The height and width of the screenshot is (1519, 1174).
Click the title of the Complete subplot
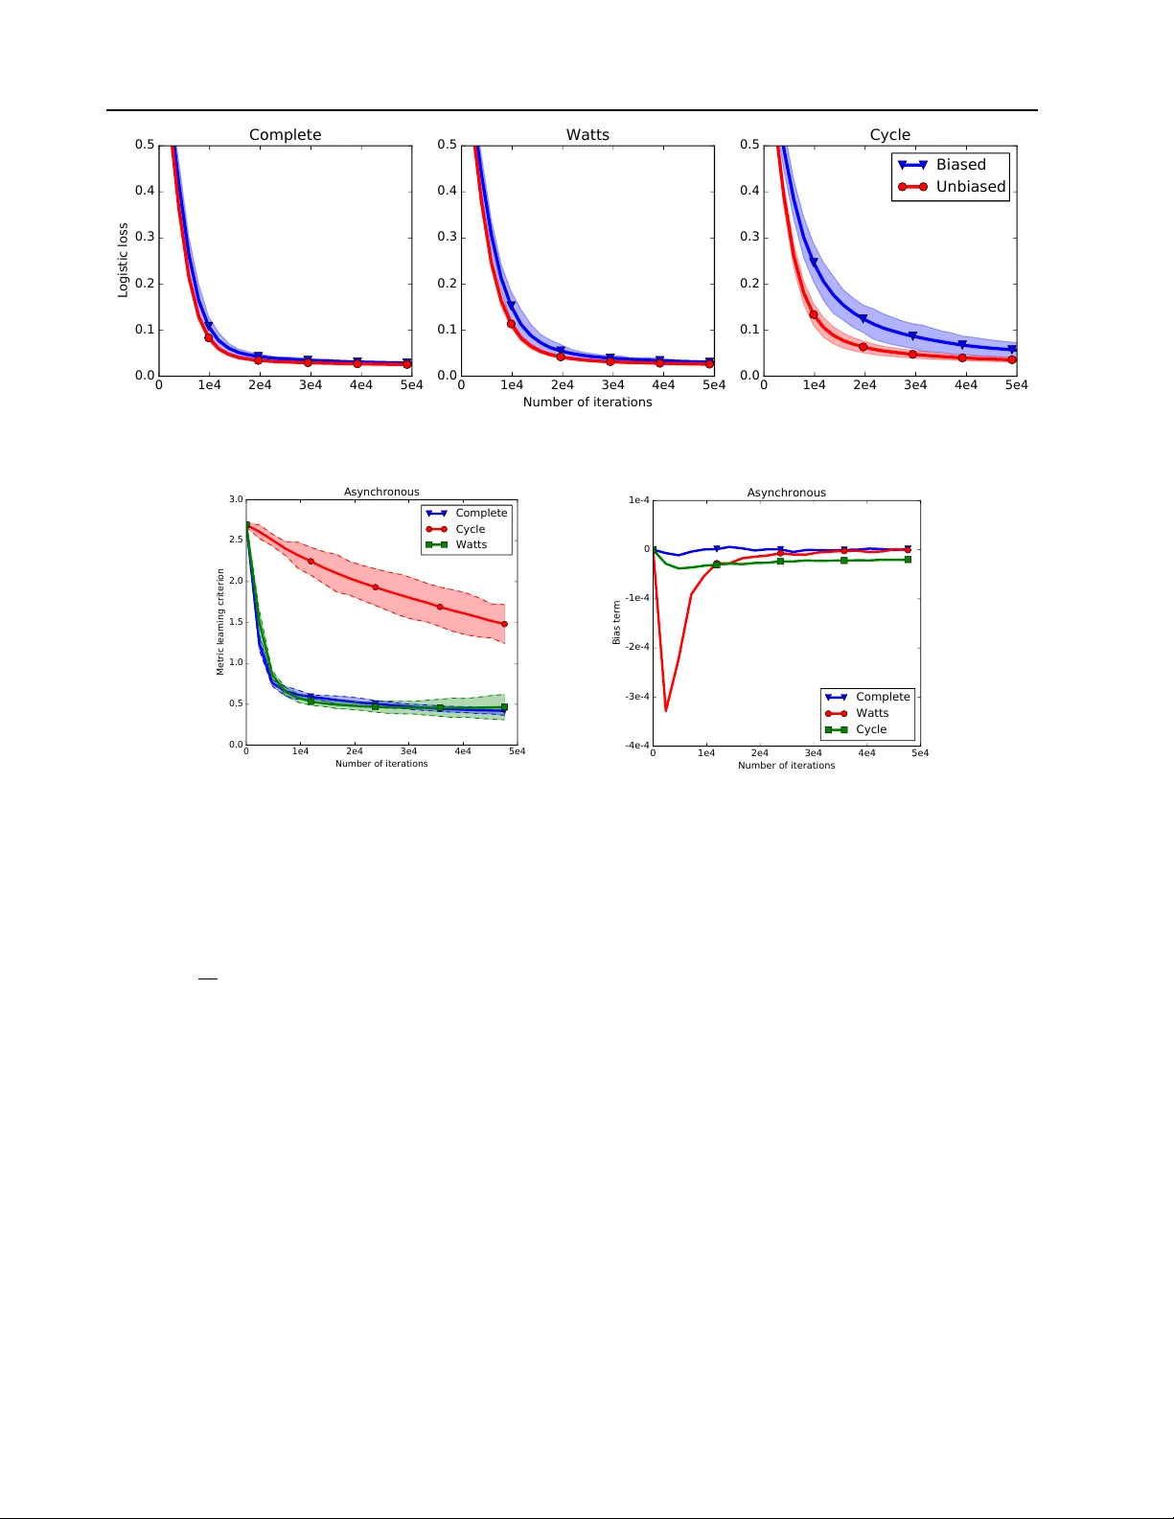[285, 135]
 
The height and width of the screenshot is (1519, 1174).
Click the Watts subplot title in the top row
[587, 135]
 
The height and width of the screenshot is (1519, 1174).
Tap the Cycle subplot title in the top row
[889, 135]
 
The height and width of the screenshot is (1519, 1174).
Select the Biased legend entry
[960, 165]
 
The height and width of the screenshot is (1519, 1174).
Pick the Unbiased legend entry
[970, 187]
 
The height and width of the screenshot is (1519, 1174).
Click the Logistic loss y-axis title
[123, 260]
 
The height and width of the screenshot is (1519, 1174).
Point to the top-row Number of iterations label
[587, 403]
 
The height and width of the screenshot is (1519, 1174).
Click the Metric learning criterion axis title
[220, 622]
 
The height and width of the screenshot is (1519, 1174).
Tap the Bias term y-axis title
[617, 623]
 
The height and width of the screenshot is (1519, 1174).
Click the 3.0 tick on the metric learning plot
[236, 499]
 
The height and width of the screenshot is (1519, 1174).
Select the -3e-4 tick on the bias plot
[637, 697]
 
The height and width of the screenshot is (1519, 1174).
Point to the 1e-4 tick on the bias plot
[639, 500]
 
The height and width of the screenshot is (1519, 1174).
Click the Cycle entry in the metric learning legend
[470, 529]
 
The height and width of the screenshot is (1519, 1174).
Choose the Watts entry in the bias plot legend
[871, 713]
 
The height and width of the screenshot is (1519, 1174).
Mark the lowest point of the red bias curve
[666, 710]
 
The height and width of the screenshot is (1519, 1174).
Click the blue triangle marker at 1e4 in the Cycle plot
[814, 262]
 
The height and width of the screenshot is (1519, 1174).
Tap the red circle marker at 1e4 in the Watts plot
[511, 324]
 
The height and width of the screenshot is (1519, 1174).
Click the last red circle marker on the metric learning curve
[504, 624]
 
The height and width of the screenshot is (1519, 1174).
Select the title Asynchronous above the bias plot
[786, 493]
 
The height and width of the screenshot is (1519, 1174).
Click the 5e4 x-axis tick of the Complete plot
[411, 385]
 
